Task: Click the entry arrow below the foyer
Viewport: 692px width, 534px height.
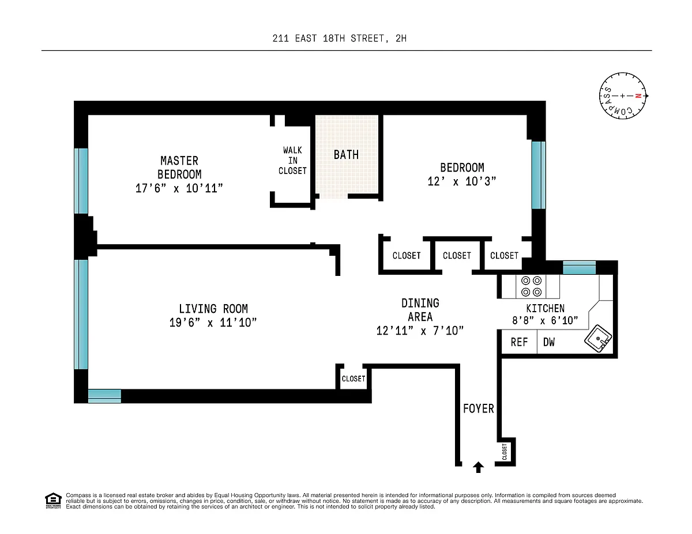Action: tap(478, 467)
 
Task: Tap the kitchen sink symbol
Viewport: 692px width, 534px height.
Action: tap(598, 338)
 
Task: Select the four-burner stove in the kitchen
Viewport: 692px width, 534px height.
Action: tap(531, 286)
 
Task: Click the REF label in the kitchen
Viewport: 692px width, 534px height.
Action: tap(519, 342)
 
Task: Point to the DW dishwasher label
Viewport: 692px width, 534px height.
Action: tap(548, 342)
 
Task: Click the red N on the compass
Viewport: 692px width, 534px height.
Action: tap(638, 96)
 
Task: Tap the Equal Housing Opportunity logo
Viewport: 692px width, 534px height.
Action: tap(53, 501)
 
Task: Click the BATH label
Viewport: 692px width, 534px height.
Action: tap(346, 155)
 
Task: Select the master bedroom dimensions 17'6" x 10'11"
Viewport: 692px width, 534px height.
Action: tap(179, 188)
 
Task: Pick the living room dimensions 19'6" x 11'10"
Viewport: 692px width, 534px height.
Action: tap(213, 323)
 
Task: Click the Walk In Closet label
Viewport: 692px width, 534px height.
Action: tap(292, 161)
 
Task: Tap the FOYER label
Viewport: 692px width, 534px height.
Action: tap(478, 408)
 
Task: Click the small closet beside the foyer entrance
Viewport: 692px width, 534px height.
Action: tap(505, 452)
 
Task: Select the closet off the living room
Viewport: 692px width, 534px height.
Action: tap(353, 378)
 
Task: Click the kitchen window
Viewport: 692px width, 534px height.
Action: tap(580, 267)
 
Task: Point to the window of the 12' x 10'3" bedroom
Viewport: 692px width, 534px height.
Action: tap(539, 175)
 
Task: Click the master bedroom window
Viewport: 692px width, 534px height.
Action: tap(81, 181)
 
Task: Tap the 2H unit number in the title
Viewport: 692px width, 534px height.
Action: tap(401, 39)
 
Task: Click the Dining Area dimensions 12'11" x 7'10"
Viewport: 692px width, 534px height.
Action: tap(420, 331)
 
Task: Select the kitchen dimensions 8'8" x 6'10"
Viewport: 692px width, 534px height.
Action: tap(545, 320)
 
